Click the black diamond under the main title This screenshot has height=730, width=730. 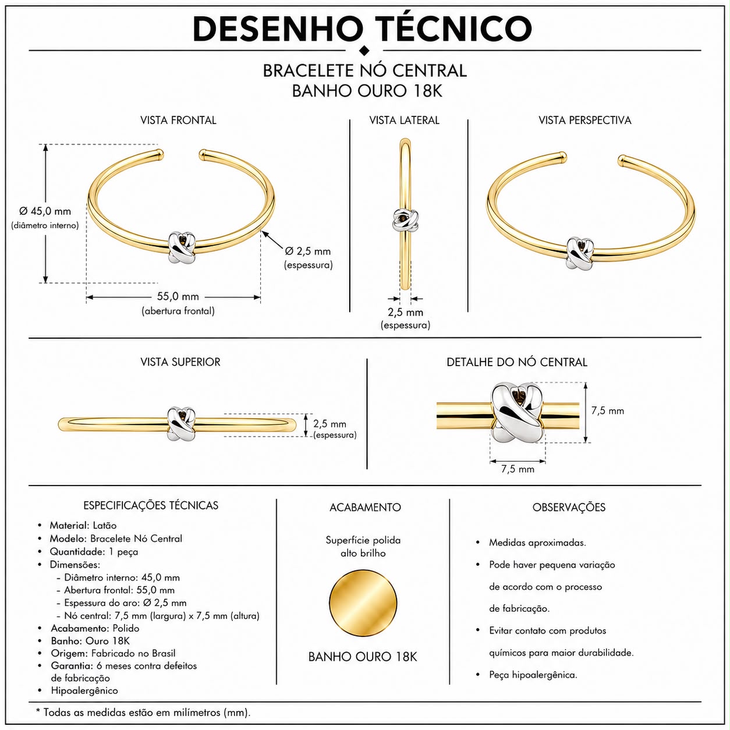[364, 51]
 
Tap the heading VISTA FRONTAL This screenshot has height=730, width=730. [178, 120]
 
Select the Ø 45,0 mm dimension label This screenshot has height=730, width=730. [45, 211]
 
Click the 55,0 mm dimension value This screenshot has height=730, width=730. [178, 296]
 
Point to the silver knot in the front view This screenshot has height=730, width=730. [182, 248]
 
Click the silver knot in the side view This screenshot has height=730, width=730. [405, 219]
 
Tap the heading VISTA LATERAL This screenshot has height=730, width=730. [404, 120]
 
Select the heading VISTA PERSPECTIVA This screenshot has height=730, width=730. [585, 120]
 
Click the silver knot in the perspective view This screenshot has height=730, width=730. [580, 253]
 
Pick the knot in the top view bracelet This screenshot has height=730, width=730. [182, 424]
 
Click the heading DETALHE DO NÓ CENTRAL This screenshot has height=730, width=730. [517, 362]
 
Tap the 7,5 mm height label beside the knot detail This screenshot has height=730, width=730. [608, 410]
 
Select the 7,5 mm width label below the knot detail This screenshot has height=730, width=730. [518, 469]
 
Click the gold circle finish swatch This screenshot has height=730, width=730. [363, 603]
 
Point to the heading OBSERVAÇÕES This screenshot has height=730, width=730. [569, 507]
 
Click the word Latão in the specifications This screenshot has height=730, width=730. [105, 525]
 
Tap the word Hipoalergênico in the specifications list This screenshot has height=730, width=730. [84, 690]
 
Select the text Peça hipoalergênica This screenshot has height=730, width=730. [533, 675]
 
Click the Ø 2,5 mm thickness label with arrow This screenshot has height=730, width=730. [307, 251]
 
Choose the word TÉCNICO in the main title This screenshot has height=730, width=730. [453, 29]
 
